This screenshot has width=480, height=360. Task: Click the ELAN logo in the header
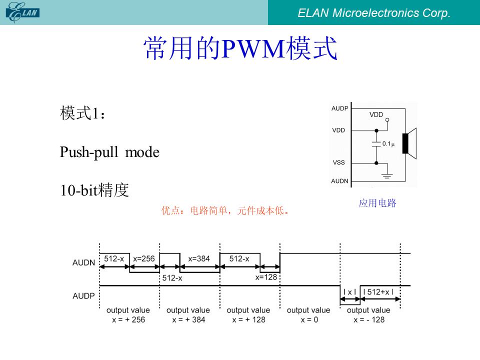pos(22,12)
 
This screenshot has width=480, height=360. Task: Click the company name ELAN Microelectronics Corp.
pos(374,13)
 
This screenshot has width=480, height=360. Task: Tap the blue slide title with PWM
pos(240,48)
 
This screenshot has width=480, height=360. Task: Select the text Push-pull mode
pos(109,152)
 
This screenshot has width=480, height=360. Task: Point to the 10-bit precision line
pos(94,190)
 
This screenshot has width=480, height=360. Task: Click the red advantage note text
pos(225,210)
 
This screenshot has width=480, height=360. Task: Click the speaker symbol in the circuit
pos(409,143)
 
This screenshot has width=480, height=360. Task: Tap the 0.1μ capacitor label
pos(388,143)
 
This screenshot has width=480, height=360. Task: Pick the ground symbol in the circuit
pos(387,175)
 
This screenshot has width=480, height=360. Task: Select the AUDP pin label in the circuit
pos(340,108)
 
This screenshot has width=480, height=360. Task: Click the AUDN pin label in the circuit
pos(339,181)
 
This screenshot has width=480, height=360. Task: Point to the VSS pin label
pos(338,162)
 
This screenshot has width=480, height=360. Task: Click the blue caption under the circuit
pos(377,203)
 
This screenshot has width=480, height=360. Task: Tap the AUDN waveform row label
pos(83,262)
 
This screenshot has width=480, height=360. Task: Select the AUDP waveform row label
pos(83,296)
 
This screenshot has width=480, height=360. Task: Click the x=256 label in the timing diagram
pos(144,258)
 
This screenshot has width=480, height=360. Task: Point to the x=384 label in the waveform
pos(199,258)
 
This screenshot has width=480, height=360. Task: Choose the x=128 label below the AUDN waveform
pos(266,277)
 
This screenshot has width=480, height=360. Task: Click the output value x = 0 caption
pos(308,315)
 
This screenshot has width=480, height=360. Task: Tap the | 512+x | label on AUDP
pos(378,292)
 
